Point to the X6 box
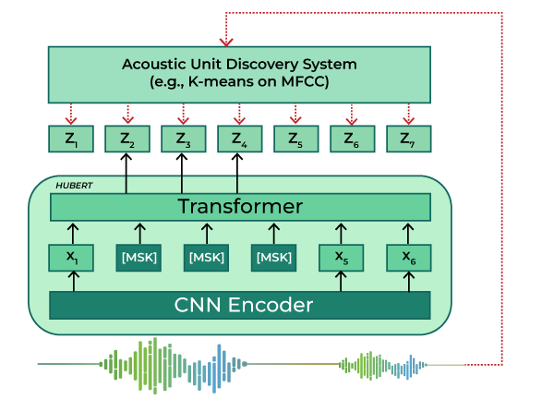408,258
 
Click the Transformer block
240,207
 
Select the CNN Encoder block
240,304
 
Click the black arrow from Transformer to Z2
126,173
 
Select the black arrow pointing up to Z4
239,173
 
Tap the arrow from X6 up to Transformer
408,232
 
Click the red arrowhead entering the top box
225,42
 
